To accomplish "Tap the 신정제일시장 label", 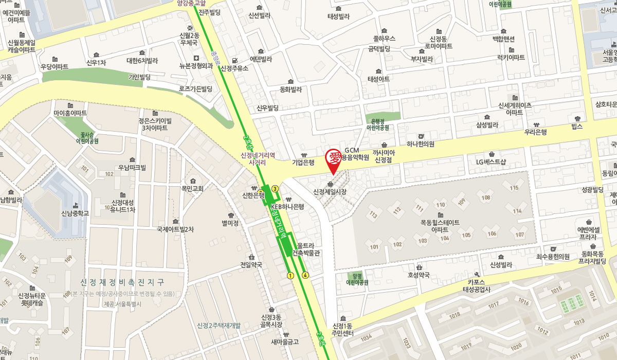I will coord(330,191).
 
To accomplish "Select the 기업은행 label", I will coord(303,163).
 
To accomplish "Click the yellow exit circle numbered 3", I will coord(275,189).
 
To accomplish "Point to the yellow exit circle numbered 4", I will coord(305,275).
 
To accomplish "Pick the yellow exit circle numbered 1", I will coord(291,276).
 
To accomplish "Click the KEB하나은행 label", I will coord(287,207).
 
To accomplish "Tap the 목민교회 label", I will coord(193,189).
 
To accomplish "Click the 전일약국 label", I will coord(251,265).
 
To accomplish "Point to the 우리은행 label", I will coord(535,132).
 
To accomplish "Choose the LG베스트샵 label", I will coord(492,162).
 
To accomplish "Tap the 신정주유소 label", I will coord(234,68).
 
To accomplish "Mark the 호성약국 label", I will coord(419,275).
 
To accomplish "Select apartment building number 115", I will coord(514,188).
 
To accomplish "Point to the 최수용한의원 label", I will coord(553,257).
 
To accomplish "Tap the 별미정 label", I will coord(230,223).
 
